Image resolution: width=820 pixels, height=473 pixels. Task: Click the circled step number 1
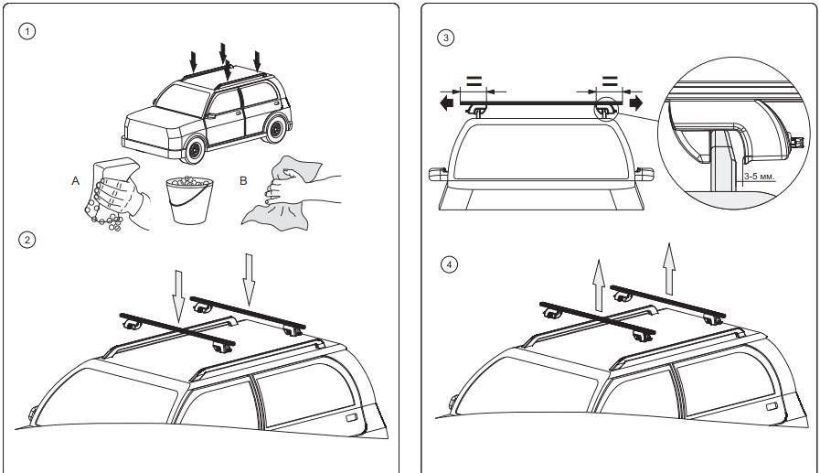click(27, 31)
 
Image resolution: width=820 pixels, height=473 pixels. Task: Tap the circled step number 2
click(27, 241)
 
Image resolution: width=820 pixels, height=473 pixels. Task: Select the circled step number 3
click(445, 38)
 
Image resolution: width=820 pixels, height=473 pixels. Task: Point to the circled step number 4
click(449, 264)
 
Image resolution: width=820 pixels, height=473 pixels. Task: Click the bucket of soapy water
click(189, 199)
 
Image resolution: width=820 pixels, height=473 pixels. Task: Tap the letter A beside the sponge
click(75, 181)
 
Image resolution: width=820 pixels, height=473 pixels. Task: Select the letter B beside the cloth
click(242, 181)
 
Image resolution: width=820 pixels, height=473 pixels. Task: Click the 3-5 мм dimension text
click(760, 177)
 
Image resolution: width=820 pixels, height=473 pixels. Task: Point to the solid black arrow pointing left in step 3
click(447, 102)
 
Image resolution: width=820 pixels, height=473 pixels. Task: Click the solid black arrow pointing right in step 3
click(636, 102)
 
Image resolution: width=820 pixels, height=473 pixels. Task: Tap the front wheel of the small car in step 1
click(195, 150)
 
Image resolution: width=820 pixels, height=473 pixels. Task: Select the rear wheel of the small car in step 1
click(275, 128)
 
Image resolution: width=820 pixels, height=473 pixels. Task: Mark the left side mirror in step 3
click(438, 174)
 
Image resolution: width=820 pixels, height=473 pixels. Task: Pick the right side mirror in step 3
click(644, 174)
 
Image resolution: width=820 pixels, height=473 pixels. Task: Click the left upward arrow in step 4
click(599, 285)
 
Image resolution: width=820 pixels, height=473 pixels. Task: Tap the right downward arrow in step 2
click(249, 280)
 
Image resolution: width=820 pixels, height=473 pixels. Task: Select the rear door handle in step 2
click(352, 417)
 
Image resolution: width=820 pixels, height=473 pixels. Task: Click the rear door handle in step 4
click(772, 406)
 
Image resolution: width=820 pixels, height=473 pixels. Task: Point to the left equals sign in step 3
click(474, 81)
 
